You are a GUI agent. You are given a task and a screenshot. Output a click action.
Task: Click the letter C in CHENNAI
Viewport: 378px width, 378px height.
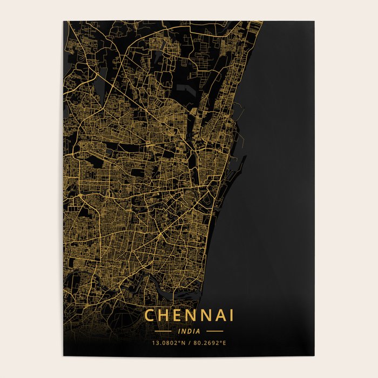pyautogui.click(x=150, y=315)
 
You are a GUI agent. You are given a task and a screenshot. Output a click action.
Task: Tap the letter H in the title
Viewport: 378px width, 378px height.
pyautogui.click(x=164, y=315)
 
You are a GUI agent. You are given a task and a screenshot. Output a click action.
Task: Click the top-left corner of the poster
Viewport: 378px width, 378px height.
pyautogui.click(x=64, y=22)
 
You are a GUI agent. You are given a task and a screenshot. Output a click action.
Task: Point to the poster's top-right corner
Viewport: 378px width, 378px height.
pyautogui.click(x=314, y=22)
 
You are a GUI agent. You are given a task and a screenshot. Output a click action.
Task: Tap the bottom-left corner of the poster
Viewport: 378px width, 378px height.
pyautogui.click(x=64, y=356)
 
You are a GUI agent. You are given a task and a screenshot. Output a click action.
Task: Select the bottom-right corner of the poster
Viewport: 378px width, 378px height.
pyautogui.click(x=314, y=356)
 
